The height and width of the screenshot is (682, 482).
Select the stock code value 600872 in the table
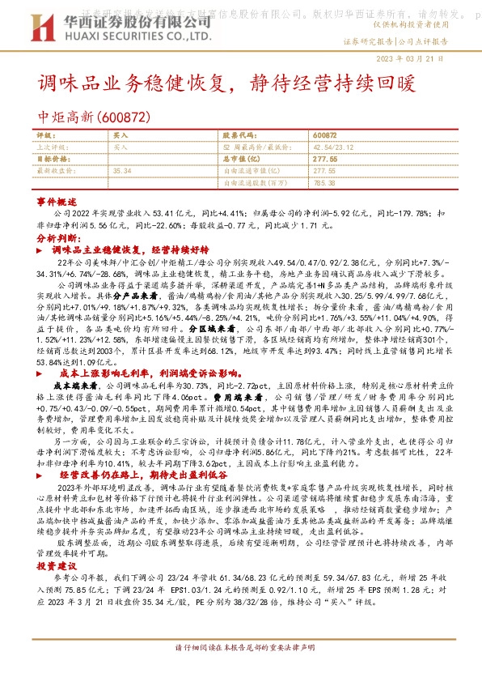[323, 137]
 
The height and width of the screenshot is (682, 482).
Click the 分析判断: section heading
[58, 240]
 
